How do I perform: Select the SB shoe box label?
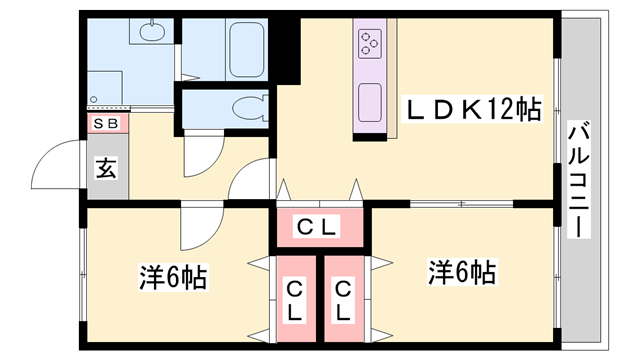tap(105, 123)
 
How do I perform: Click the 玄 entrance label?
tap(105, 167)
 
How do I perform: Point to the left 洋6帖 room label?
tap(172, 277)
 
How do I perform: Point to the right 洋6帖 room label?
tap(462, 271)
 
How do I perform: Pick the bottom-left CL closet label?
tap(296, 300)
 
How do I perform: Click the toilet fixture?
tap(244, 107)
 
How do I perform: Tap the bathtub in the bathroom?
tap(245, 49)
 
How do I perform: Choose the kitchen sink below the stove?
tap(369, 100)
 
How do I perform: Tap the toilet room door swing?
tap(203, 151)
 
